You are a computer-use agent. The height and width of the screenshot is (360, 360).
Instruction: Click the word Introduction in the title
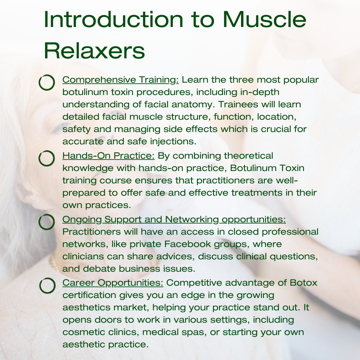(x=114, y=20)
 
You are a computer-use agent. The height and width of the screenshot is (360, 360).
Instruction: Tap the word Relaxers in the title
(x=94, y=51)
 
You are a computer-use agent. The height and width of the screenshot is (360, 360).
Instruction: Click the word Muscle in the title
(x=264, y=20)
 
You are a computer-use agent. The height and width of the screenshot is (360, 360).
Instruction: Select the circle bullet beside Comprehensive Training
(x=47, y=82)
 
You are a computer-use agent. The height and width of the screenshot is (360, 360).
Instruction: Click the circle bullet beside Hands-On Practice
(x=47, y=158)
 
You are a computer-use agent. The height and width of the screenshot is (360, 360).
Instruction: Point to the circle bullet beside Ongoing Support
(x=47, y=222)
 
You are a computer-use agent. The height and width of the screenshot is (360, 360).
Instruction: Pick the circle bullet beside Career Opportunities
(x=47, y=286)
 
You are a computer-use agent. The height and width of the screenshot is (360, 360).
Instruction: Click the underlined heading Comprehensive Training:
(x=121, y=80)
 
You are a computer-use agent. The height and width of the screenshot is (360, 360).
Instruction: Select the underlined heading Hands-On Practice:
(x=108, y=156)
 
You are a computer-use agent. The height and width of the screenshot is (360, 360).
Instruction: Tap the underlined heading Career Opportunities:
(x=113, y=283)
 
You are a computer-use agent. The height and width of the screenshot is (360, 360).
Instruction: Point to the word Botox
(x=304, y=283)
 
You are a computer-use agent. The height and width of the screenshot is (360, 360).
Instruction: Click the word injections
(x=173, y=142)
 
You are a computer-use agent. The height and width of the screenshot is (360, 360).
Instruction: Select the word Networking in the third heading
(x=192, y=219)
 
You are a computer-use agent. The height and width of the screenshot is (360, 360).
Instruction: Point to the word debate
(x=99, y=269)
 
